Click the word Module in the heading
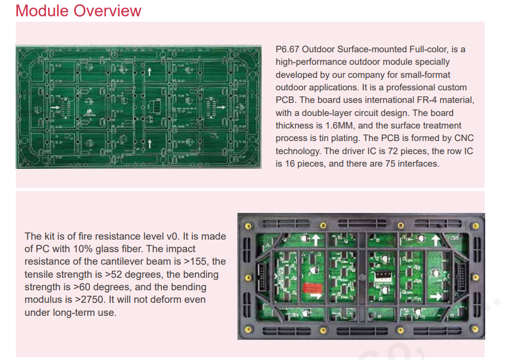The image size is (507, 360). [42, 11]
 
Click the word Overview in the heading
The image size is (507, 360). [107, 11]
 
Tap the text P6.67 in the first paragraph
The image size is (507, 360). [287, 49]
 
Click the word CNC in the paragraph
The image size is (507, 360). [464, 138]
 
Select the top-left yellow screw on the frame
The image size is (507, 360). [249, 226]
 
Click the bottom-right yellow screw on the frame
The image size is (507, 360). [475, 330]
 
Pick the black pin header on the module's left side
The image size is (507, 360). [262, 277]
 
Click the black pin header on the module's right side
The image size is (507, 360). [461, 277]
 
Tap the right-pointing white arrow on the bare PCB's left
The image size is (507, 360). [55, 107]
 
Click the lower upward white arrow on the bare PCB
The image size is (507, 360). [149, 143]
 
